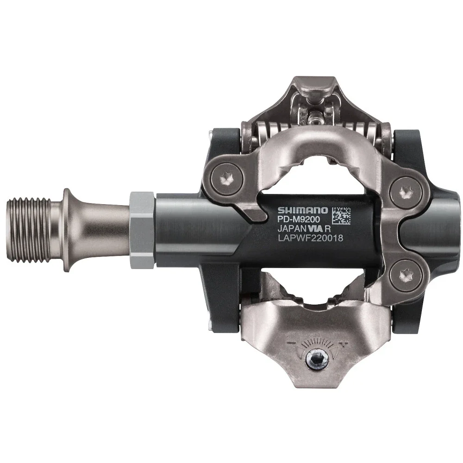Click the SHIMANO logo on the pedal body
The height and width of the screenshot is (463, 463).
(x=303, y=210)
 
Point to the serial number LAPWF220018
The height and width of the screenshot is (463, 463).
(x=311, y=238)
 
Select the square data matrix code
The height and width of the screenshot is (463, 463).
(x=341, y=216)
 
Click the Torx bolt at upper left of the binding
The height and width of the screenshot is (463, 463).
(x=227, y=179)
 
